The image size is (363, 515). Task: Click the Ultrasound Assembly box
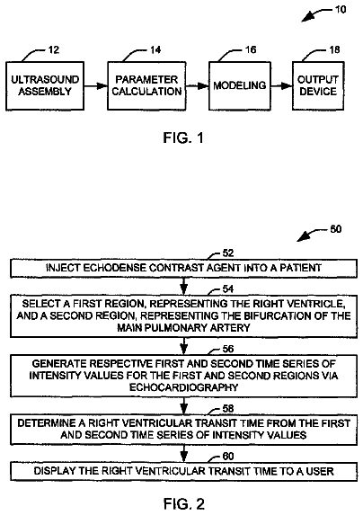(x=45, y=85)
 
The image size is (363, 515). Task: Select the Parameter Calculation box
(x=146, y=85)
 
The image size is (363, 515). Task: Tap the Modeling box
(x=240, y=85)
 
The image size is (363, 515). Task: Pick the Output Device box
(x=318, y=85)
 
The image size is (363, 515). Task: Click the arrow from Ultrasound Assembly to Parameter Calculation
(x=96, y=86)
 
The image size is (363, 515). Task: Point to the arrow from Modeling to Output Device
(x=281, y=86)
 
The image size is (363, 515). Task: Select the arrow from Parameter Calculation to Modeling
(x=198, y=86)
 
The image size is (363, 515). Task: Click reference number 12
(x=54, y=50)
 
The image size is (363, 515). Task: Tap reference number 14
(x=155, y=50)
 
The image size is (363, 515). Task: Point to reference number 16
(x=251, y=50)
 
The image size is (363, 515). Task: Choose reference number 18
(x=334, y=50)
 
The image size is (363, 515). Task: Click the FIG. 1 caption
(x=183, y=138)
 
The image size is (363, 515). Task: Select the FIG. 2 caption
(x=184, y=503)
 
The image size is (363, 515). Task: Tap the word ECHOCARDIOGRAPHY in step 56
(x=183, y=387)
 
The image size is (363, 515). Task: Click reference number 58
(x=228, y=409)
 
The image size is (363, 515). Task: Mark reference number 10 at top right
(x=341, y=10)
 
